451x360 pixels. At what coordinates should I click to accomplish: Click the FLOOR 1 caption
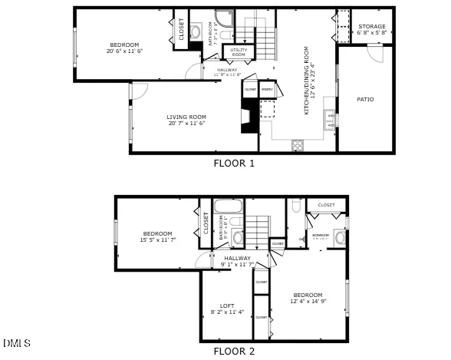(x=233, y=163)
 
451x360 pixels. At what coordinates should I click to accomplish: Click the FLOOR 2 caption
(x=233, y=352)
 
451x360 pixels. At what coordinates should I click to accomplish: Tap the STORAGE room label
(x=372, y=27)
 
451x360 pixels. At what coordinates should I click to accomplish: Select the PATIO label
(x=365, y=99)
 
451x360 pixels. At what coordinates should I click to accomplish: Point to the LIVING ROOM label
(x=187, y=117)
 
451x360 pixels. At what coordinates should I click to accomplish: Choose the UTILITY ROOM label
(x=239, y=52)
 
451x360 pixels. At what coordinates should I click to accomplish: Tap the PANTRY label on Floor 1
(x=267, y=90)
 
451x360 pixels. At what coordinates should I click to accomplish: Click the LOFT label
(x=227, y=306)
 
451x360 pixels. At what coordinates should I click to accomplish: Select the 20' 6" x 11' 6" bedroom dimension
(x=124, y=51)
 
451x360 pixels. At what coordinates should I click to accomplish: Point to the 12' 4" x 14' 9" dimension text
(x=308, y=302)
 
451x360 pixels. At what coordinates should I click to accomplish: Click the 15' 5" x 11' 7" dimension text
(x=158, y=240)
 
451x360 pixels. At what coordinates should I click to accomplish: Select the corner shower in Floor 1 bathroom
(x=224, y=18)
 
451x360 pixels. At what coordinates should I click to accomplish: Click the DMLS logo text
(x=17, y=342)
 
